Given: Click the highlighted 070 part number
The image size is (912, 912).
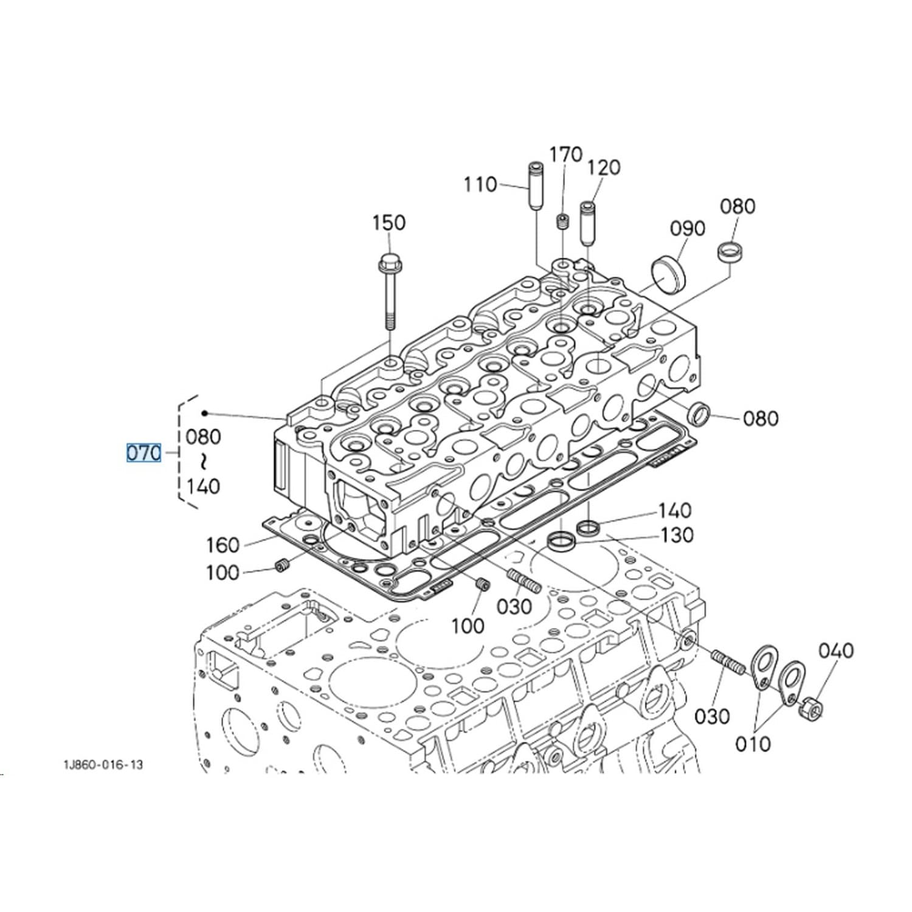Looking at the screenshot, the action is pos(144,453).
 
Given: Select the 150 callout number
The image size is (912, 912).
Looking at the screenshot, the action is pos(389,223).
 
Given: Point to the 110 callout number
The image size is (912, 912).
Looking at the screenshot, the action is pos(480,184).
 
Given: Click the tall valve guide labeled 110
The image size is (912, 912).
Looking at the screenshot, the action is pos(534,187).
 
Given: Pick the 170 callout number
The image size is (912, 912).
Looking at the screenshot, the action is pos(566,155).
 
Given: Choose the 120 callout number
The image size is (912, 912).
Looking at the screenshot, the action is pos(604,167).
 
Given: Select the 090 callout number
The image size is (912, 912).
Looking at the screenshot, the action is pos(688,228).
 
